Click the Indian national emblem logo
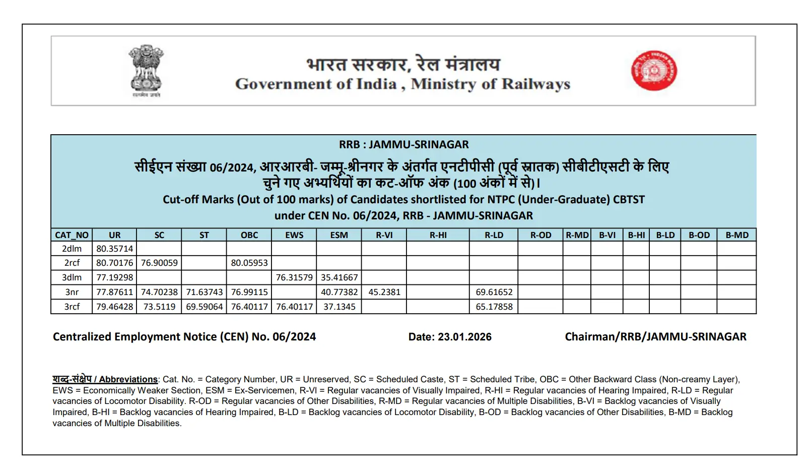click(146, 70)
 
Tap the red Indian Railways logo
click(654, 71)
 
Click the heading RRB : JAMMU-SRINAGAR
click(403, 145)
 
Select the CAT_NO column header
click(72, 235)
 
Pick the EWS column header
click(294, 235)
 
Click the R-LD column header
click(494, 235)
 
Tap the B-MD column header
click(736, 235)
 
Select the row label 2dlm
click(72, 249)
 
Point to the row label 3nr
click(72, 292)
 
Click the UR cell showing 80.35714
click(115, 249)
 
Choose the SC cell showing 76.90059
click(159, 263)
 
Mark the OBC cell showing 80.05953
click(249, 263)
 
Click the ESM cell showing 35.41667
click(339, 277)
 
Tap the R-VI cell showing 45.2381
click(384, 292)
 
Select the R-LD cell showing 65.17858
click(494, 307)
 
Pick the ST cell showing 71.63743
click(204, 292)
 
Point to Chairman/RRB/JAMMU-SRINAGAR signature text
click(655, 337)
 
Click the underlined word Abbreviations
click(128, 379)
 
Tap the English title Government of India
click(316, 84)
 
